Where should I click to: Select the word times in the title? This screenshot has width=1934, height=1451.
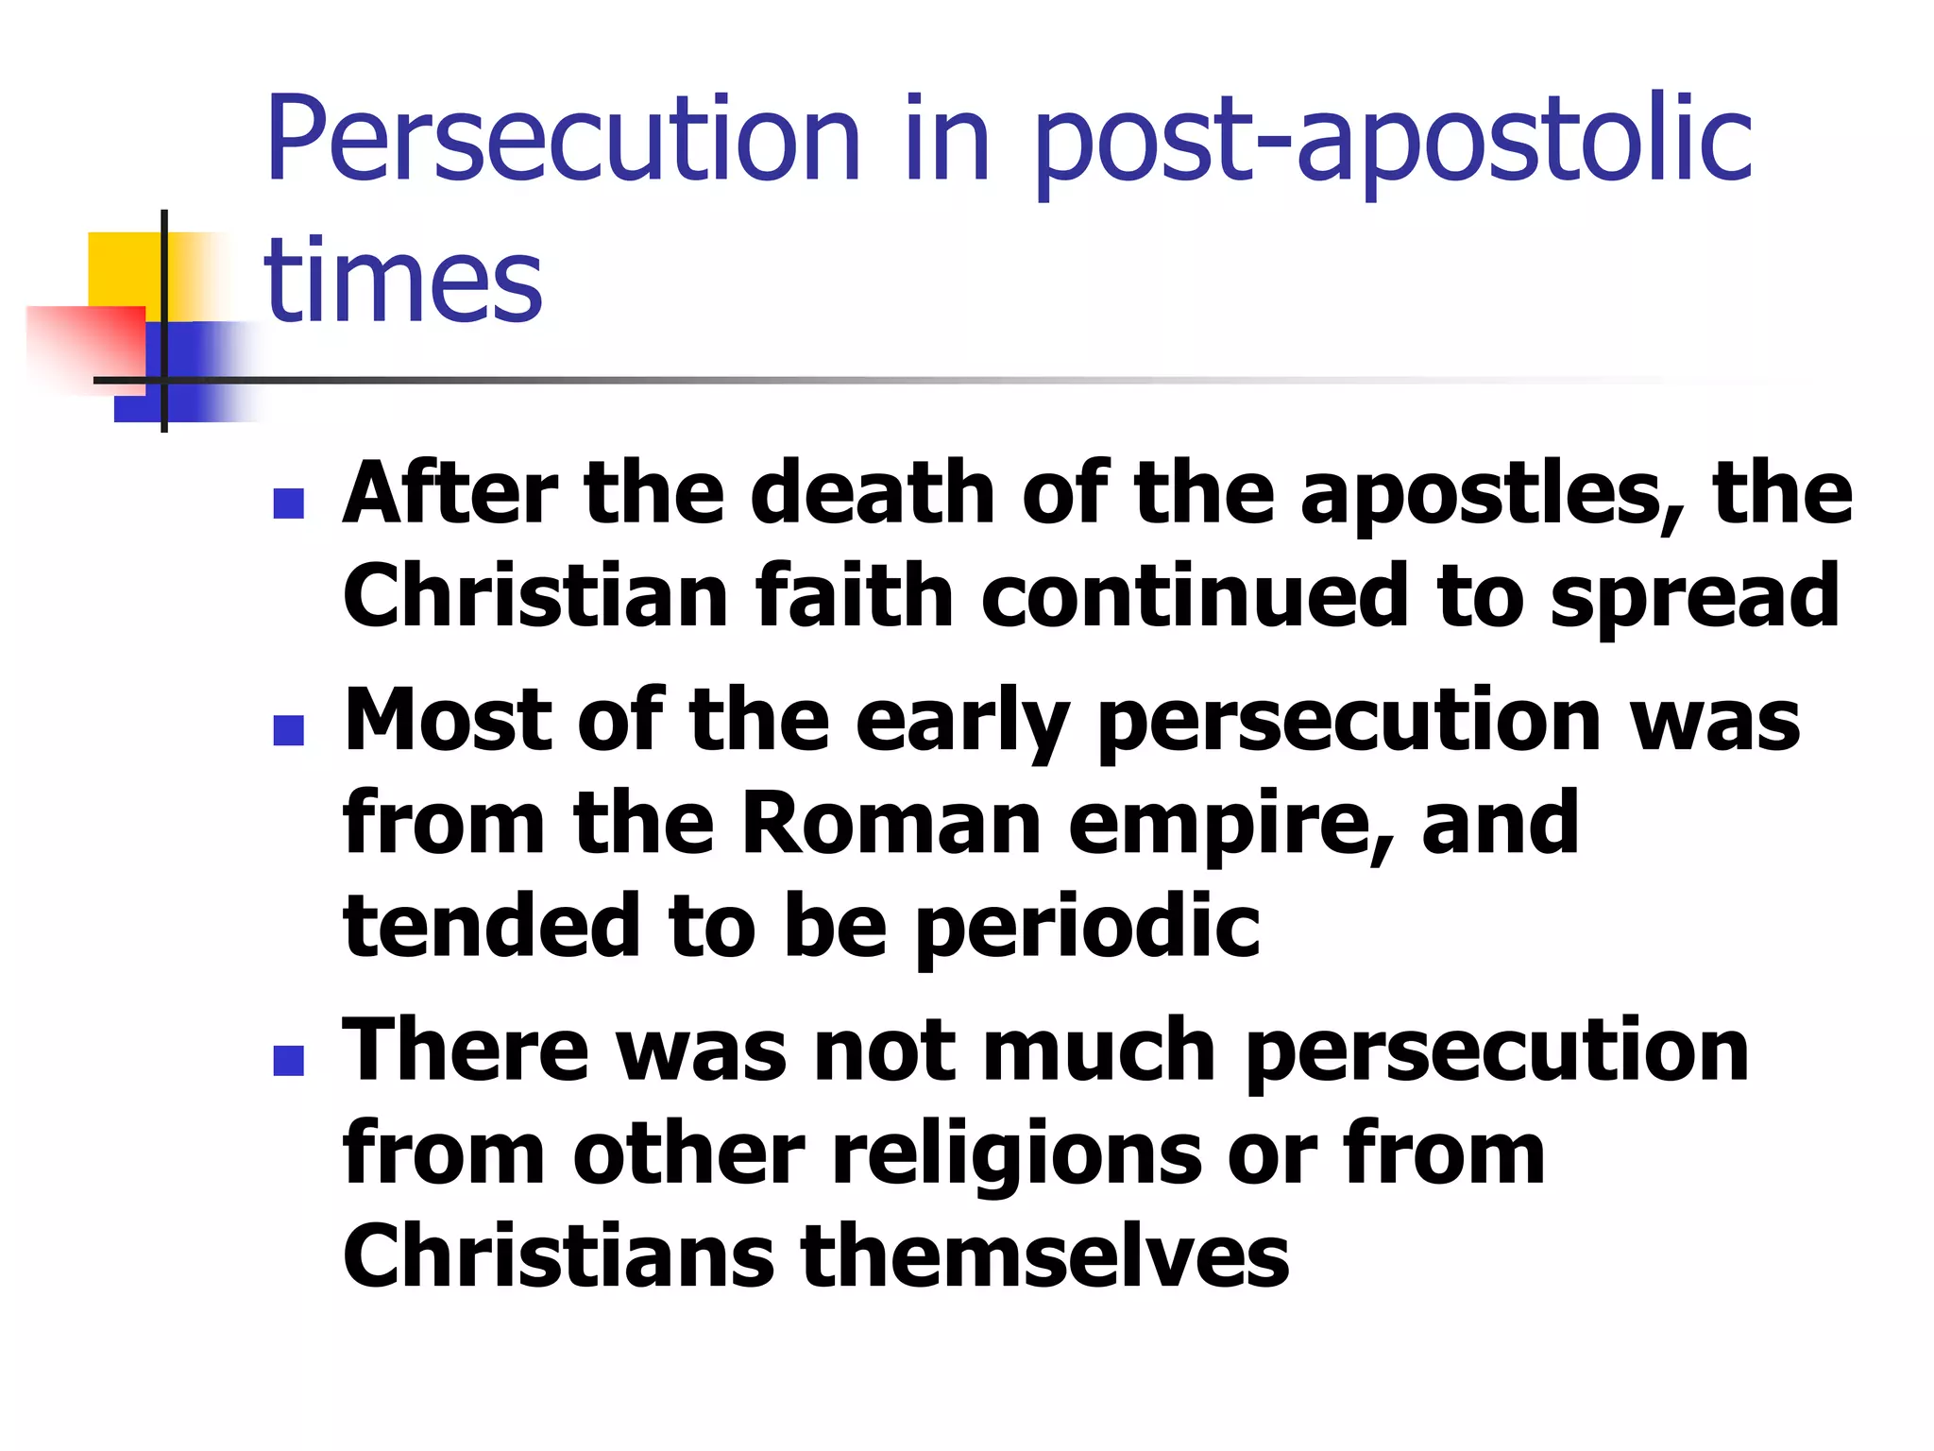click(403, 281)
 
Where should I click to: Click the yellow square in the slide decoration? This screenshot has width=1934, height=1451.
click(123, 269)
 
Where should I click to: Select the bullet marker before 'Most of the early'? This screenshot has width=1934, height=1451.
click(288, 729)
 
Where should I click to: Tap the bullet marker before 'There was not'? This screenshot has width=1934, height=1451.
click(288, 1060)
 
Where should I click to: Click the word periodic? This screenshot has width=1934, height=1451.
click(1087, 929)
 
